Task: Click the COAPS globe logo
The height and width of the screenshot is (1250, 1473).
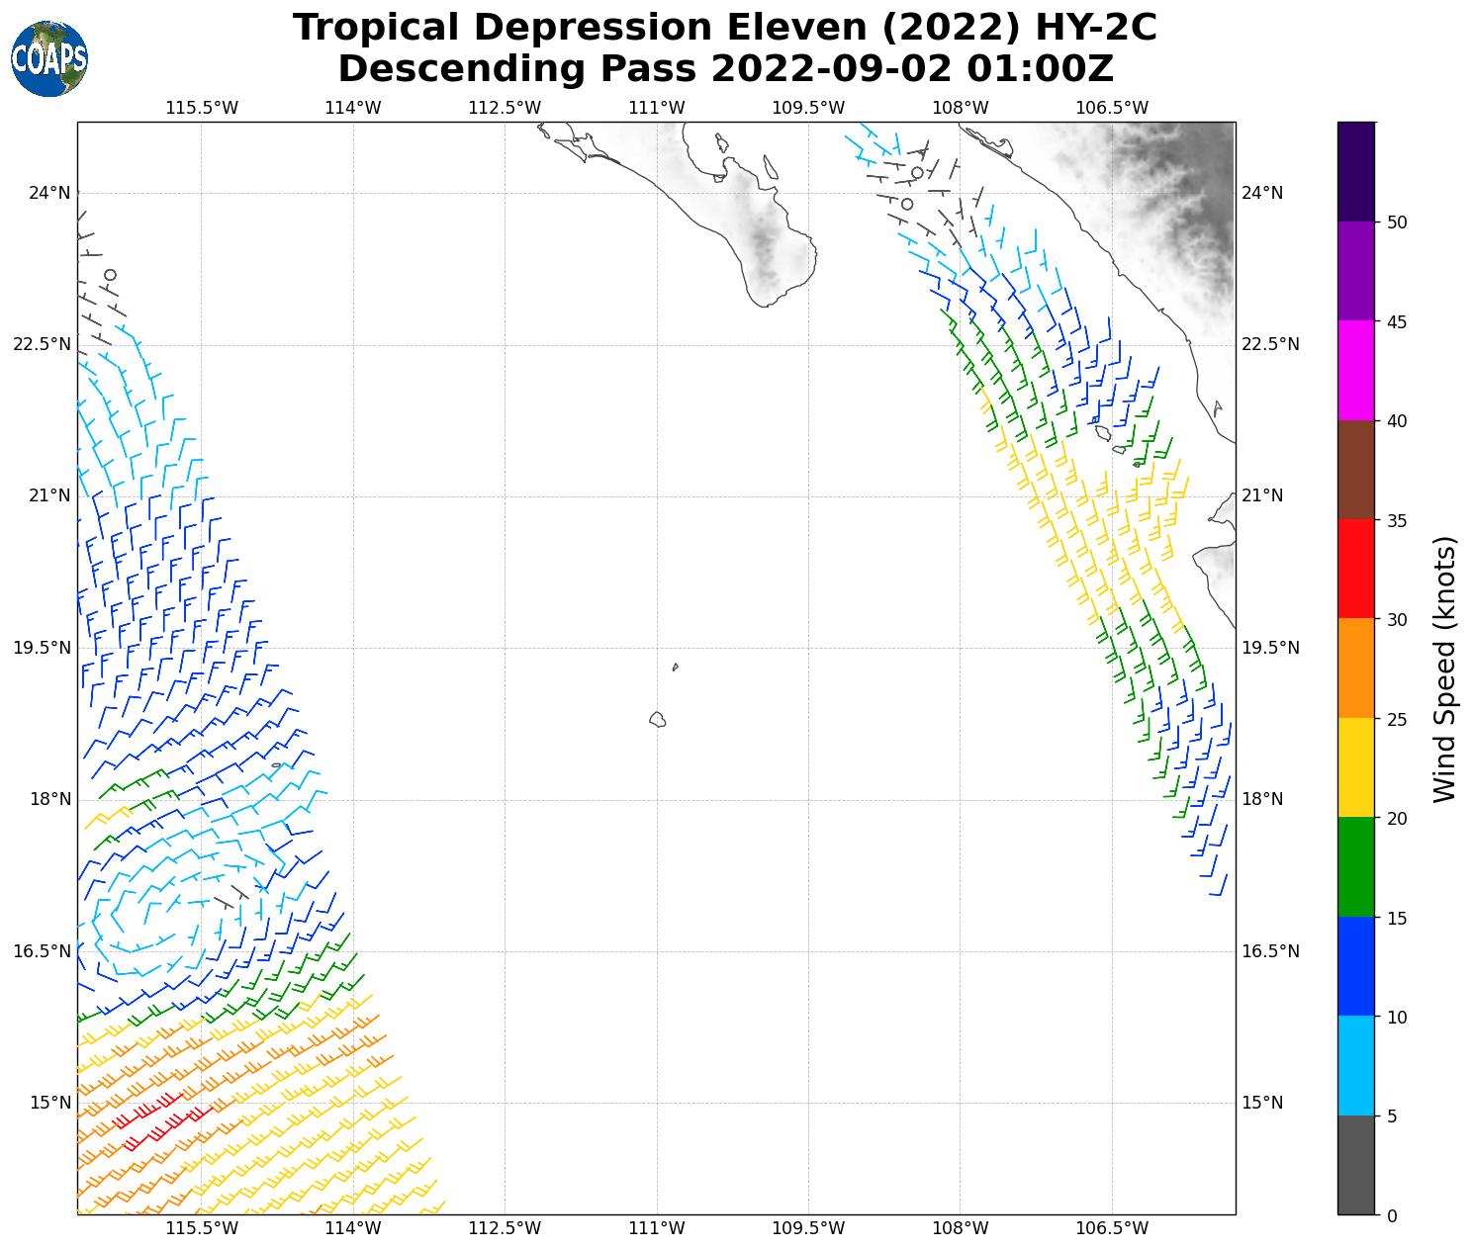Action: click(49, 58)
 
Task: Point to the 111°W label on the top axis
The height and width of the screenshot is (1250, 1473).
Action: click(657, 108)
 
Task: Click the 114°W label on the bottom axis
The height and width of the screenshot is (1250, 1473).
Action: click(353, 1228)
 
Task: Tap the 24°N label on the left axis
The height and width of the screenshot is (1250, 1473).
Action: click(49, 193)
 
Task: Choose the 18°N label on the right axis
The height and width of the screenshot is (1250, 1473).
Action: click(1262, 799)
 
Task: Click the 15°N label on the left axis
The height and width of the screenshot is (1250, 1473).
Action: click(49, 1103)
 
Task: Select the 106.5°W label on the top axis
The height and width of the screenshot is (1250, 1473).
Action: click(1112, 108)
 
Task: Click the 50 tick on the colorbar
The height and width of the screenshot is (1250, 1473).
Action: click(1397, 223)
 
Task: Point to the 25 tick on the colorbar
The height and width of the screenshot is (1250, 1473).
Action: click(1397, 719)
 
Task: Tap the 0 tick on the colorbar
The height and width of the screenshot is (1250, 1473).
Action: click(1392, 1215)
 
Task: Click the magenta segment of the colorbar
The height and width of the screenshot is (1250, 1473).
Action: click(1355, 371)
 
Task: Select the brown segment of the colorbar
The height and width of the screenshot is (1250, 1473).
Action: click(1355, 470)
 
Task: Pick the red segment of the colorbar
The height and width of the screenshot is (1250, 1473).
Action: click(1355, 569)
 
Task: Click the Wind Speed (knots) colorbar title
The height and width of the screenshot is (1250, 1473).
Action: click(1445, 670)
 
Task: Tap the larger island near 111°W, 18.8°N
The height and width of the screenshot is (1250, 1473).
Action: click(657, 719)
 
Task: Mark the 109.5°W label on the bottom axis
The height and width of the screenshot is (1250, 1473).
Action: click(808, 1228)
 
